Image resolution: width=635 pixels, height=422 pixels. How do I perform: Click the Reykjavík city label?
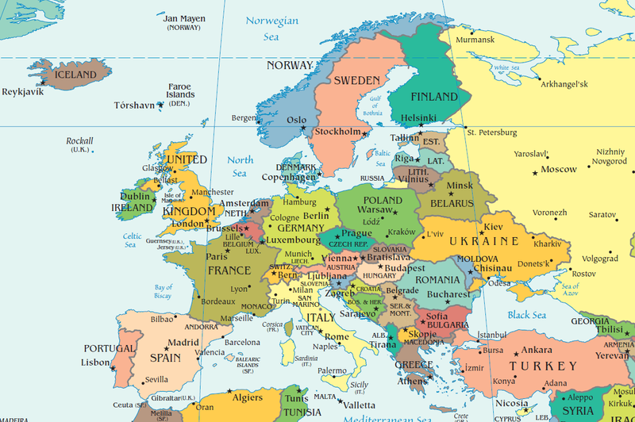point(23,91)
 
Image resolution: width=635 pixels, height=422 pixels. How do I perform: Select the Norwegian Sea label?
point(272,28)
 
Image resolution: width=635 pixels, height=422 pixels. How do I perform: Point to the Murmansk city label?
point(475,39)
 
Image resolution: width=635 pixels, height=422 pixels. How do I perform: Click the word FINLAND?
point(434,97)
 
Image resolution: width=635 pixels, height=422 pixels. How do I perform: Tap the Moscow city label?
point(559,169)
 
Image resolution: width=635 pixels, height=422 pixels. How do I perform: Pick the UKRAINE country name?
point(484,241)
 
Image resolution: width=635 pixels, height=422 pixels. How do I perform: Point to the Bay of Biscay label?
point(164,291)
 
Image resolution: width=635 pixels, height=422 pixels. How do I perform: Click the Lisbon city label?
point(95,363)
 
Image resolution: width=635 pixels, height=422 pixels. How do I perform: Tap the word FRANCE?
point(229,270)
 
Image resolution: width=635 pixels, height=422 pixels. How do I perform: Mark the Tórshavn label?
point(133,105)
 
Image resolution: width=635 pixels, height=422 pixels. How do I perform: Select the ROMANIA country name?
point(437,280)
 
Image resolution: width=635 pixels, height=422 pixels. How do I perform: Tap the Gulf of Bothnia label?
point(373,105)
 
